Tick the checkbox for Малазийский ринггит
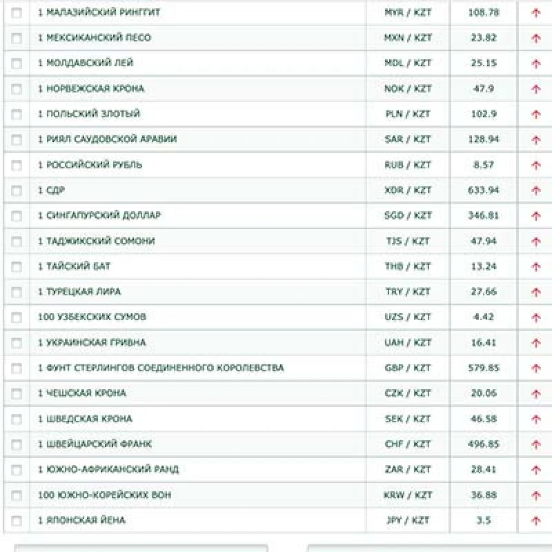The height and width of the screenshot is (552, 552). pyautogui.click(x=17, y=12)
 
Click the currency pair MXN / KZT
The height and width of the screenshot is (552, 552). pyautogui.click(x=407, y=38)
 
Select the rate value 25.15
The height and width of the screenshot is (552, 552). pyautogui.click(x=484, y=63)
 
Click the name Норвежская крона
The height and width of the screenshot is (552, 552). pyautogui.click(x=91, y=88)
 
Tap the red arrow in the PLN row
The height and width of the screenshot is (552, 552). pyautogui.click(x=536, y=115)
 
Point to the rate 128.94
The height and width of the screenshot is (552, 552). pyautogui.click(x=484, y=139)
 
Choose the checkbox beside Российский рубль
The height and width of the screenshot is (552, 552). pyautogui.click(x=17, y=165)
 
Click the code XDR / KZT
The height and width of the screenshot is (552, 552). pyautogui.click(x=407, y=190)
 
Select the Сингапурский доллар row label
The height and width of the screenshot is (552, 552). pyautogui.click(x=99, y=215)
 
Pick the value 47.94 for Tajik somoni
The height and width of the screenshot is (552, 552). pyautogui.click(x=484, y=241)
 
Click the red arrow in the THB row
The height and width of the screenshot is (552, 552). pyautogui.click(x=536, y=267)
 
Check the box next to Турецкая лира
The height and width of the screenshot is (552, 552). pyautogui.click(x=17, y=292)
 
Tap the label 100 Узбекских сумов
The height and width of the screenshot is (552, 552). pyautogui.click(x=92, y=317)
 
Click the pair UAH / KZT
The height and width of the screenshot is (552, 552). pyautogui.click(x=407, y=342)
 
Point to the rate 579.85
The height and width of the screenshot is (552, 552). pyautogui.click(x=484, y=368)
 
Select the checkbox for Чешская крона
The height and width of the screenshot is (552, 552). pyautogui.click(x=17, y=393)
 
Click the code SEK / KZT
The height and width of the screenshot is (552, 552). pyautogui.click(x=407, y=419)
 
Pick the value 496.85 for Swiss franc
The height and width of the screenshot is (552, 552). pyautogui.click(x=484, y=444)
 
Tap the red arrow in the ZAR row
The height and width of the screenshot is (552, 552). pyautogui.click(x=536, y=470)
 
